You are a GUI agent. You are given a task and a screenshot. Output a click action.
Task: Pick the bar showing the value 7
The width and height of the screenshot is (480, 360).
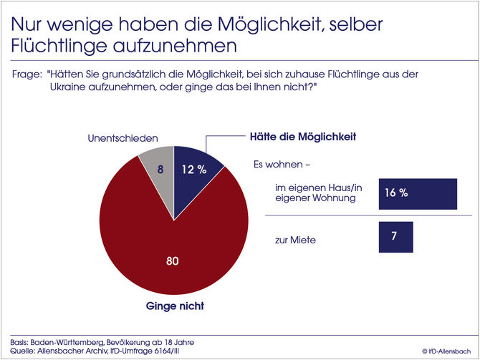point(395,237)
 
